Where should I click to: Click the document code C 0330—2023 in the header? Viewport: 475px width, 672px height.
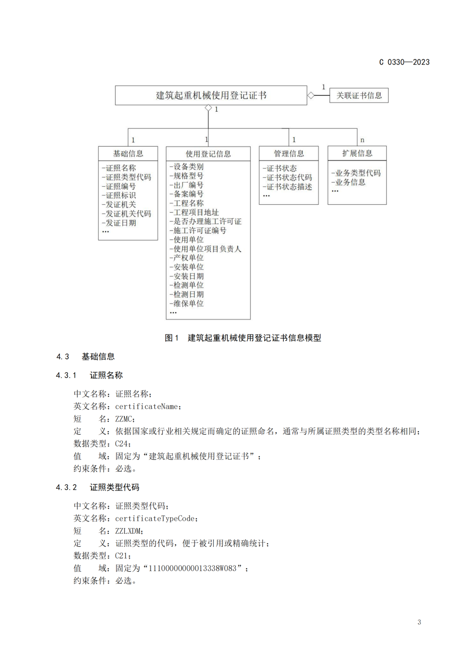(x=404, y=62)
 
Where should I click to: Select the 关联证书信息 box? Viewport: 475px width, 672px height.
(x=359, y=95)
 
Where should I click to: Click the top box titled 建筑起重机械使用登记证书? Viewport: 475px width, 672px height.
(x=211, y=95)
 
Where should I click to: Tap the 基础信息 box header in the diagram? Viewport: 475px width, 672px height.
(x=128, y=154)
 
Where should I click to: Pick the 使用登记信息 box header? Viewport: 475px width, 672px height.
(x=208, y=154)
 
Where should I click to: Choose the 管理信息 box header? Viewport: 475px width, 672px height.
(x=289, y=154)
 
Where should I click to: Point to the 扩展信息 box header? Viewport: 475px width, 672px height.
(x=357, y=153)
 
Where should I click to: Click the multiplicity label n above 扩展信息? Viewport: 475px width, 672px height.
(x=362, y=140)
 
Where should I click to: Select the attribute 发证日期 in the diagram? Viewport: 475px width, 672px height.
(x=120, y=223)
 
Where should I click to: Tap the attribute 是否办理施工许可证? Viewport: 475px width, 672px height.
(x=206, y=221)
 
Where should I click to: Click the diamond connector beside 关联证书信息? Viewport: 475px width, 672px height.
(x=311, y=95)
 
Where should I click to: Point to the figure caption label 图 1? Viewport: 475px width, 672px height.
(x=172, y=338)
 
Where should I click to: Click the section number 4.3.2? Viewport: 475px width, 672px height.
(x=66, y=487)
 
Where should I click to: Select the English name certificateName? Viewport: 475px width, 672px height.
(x=147, y=407)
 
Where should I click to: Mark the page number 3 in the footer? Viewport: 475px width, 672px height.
(x=419, y=622)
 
